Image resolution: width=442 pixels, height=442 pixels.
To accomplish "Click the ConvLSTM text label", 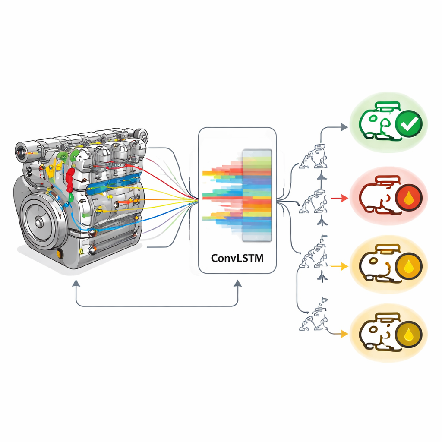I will point(237,258).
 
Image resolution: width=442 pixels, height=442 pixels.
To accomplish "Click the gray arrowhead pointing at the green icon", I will point(344,127).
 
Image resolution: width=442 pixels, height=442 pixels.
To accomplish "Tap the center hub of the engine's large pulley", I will point(39,222).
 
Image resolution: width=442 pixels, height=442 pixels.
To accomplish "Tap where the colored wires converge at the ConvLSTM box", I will point(196,199).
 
